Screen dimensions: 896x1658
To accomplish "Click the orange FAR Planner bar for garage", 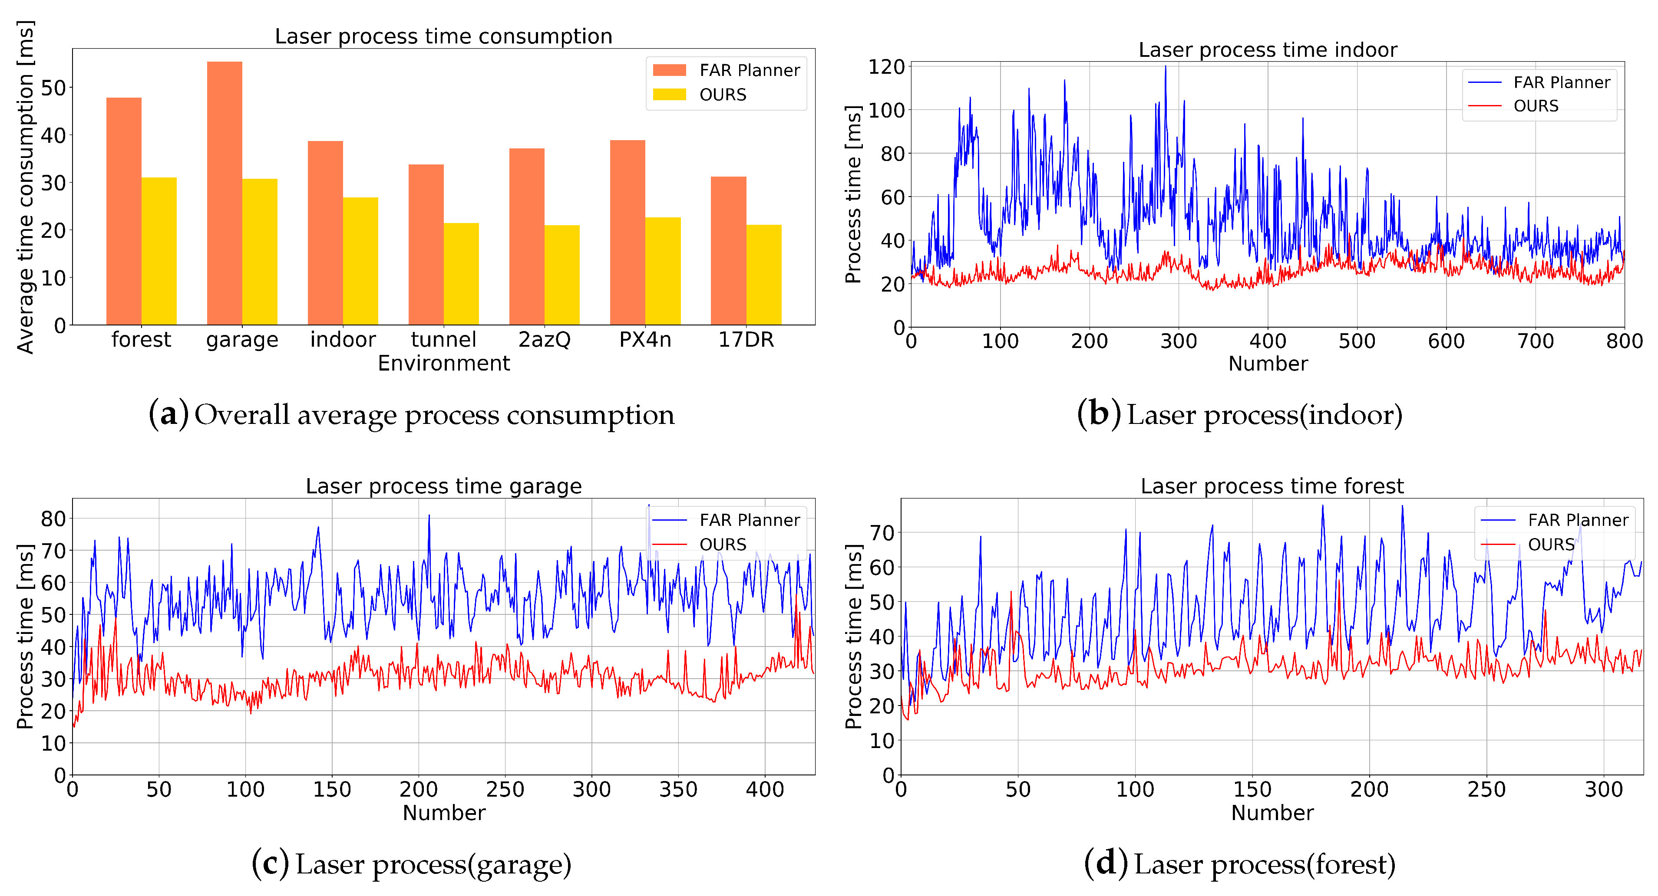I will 224,193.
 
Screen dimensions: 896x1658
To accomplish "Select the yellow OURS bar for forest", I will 159,251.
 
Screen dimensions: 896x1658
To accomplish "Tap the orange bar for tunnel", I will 426,244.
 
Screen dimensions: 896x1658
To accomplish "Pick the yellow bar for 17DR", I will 764,275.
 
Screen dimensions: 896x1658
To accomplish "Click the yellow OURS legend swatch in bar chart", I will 669,95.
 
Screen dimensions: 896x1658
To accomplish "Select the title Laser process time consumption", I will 443,36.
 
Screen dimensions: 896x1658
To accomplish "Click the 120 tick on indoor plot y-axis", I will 886,67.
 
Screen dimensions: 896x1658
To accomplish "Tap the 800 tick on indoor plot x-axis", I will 1624,341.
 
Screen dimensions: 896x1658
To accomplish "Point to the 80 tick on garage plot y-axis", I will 53,519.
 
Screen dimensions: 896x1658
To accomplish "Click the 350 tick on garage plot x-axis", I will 678,789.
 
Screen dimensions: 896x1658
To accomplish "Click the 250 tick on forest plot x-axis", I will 1486,789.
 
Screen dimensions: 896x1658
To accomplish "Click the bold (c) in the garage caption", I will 270,864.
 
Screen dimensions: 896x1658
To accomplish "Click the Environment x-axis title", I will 443,364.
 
